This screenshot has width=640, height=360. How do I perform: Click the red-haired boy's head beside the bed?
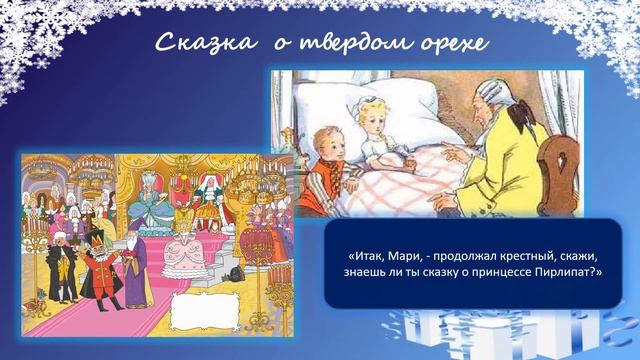[x=327, y=144]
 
